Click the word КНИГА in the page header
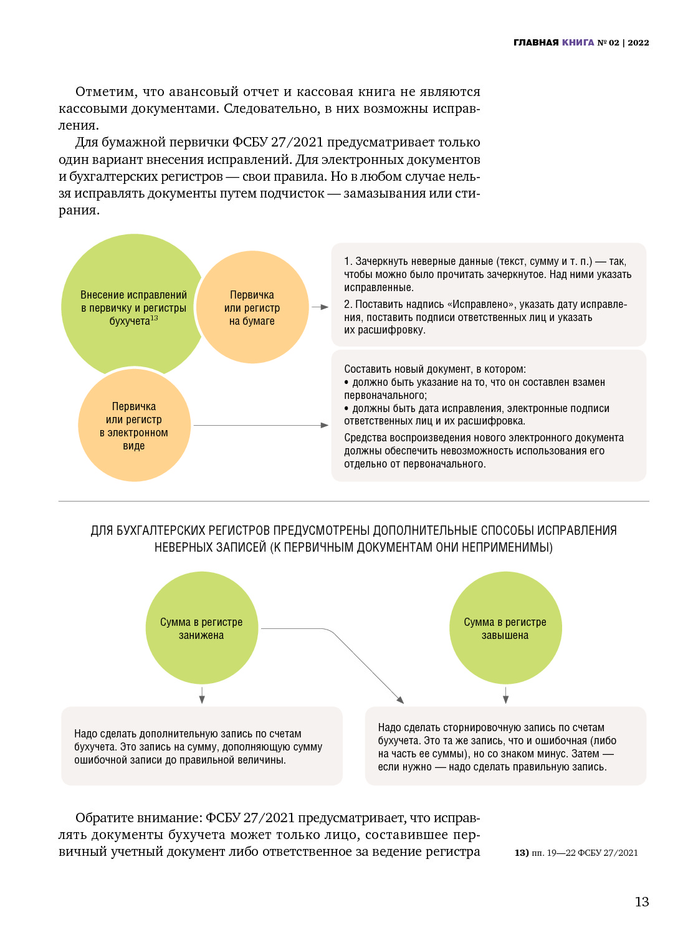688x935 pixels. [578, 42]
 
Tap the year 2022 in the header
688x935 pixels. [638, 42]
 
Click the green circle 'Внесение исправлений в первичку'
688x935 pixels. [128, 280]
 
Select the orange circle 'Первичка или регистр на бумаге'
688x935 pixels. [252, 307]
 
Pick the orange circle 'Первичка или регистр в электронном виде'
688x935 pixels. [134, 426]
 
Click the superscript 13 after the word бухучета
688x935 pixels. [154, 319]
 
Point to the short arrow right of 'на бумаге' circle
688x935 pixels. [320, 307]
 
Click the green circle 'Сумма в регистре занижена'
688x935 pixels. [201, 628]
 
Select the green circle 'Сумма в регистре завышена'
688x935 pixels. [505, 628]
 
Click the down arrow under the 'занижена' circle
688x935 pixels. [202, 696]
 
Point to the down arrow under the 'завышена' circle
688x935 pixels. [505, 696]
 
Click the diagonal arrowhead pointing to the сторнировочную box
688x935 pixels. [400, 699]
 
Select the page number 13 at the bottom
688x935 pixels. [642, 902]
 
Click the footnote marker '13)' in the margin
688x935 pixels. [522, 853]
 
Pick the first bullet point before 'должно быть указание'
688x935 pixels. [346, 382]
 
